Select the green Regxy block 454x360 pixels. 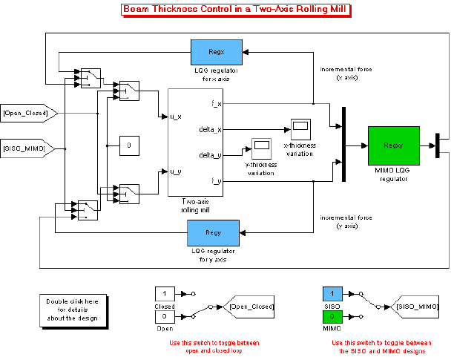click(x=392, y=144)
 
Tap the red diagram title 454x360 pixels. click(x=235, y=10)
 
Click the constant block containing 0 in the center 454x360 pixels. click(x=129, y=145)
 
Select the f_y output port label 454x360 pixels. click(x=215, y=180)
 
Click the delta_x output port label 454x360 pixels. click(x=211, y=129)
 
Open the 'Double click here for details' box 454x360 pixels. click(x=72, y=309)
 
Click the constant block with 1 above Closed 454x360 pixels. click(x=165, y=295)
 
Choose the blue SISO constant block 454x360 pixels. click(x=332, y=295)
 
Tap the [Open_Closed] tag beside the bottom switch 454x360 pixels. click(x=251, y=306)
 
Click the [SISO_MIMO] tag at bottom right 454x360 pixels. click(x=417, y=306)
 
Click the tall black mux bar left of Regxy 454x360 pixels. click(x=343, y=144)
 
